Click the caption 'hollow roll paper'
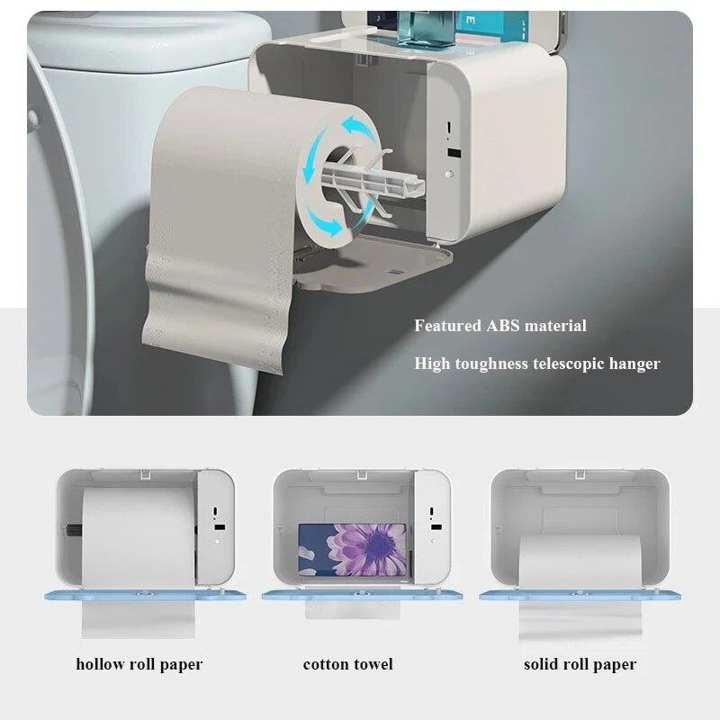click(139, 665)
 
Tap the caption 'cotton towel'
click(347, 665)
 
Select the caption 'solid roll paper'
click(580, 665)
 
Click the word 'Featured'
click(447, 326)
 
